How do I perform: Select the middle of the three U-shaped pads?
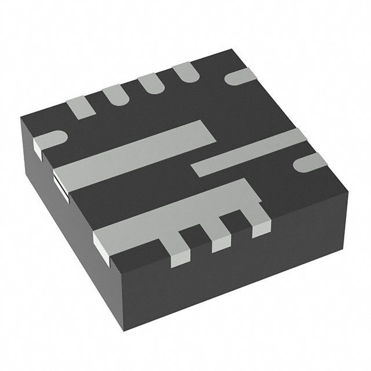click(150, 85)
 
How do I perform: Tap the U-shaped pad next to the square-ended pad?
click(114, 95)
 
